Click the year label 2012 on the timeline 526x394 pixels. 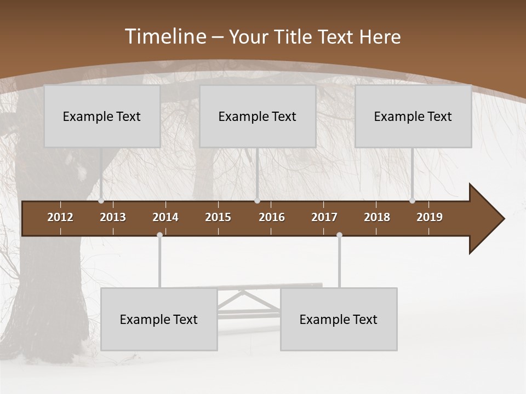coord(60,217)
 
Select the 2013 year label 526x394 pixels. coord(113,217)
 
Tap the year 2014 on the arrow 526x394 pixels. coord(165,217)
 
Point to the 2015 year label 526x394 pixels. coord(218,217)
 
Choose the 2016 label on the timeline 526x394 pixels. coord(272,217)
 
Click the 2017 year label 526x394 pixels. coord(324,217)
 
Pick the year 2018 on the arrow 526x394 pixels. coord(377,217)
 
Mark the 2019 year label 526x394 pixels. coord(430,217)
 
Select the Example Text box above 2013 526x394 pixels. coord(102,117)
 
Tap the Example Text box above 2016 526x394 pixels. coord(258,117)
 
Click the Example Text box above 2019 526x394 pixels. coord(413,117)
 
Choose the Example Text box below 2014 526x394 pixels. coord(159,320)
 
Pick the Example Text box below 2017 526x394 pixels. coord(339,320)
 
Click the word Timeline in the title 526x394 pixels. coord(165,37)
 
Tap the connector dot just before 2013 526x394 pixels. coord(101,201)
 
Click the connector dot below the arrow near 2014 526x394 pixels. coord(159,235)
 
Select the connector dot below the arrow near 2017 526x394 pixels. coord(339,235)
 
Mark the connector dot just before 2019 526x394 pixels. coord(412,201)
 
